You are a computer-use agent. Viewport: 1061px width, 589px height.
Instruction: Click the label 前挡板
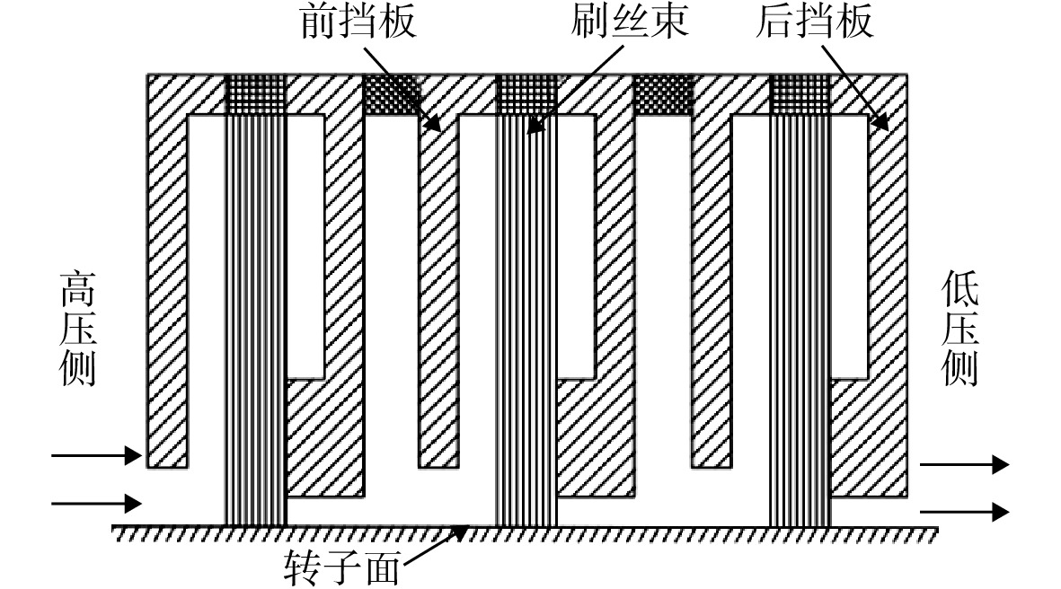358,22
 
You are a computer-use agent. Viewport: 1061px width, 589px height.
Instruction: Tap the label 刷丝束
629,21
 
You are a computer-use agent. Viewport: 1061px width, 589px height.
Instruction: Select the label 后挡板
815,21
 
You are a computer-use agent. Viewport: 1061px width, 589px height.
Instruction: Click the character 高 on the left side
78,290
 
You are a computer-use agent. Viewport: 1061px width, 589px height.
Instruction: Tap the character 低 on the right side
959,288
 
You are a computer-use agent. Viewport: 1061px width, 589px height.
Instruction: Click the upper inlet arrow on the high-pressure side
97,455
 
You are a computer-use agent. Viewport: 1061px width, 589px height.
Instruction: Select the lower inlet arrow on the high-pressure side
97,504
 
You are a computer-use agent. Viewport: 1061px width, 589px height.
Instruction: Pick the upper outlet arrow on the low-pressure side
965,464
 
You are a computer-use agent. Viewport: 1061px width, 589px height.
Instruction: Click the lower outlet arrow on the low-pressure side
965,512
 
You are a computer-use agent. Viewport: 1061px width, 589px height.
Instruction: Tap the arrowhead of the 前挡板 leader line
433,123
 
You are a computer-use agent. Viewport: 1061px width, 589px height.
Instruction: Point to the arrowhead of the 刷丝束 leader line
535,125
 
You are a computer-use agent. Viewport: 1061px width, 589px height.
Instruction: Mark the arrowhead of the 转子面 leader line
459,532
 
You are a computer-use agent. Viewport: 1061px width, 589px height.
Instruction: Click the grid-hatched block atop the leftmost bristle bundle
256,94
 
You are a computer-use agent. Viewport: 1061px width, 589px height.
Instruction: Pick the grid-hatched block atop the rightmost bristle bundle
800,94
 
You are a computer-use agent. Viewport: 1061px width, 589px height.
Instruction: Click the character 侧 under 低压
959,368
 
